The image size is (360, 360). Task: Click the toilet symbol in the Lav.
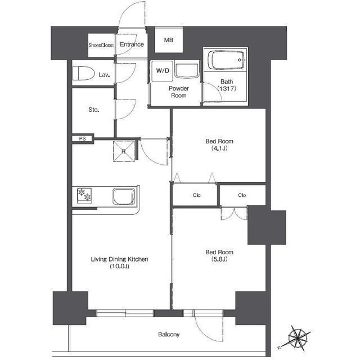(84, 73)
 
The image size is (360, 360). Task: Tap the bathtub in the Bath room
(226, 60)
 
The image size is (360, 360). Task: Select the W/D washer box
(163, 71)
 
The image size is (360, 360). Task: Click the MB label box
(169, 40)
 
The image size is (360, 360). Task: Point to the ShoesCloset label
(101, 45)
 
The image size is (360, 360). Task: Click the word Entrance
(132, 44)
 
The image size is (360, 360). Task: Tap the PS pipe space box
(83, 139)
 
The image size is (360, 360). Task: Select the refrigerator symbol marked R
(124, 151)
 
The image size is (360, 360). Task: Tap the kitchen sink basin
(124, 196)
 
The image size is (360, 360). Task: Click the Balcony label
(169, 334)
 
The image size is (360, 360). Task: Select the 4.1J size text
(219, 148)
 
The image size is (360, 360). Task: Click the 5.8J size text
(219, 259)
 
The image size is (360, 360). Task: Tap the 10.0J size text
(119, 266)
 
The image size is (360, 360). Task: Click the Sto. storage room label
(94, 110)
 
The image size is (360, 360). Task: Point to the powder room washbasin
(186, 71)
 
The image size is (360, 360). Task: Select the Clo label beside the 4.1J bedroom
(196, 195)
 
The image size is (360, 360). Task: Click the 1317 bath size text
(227, 88)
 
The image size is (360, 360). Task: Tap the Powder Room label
(179, 92)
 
